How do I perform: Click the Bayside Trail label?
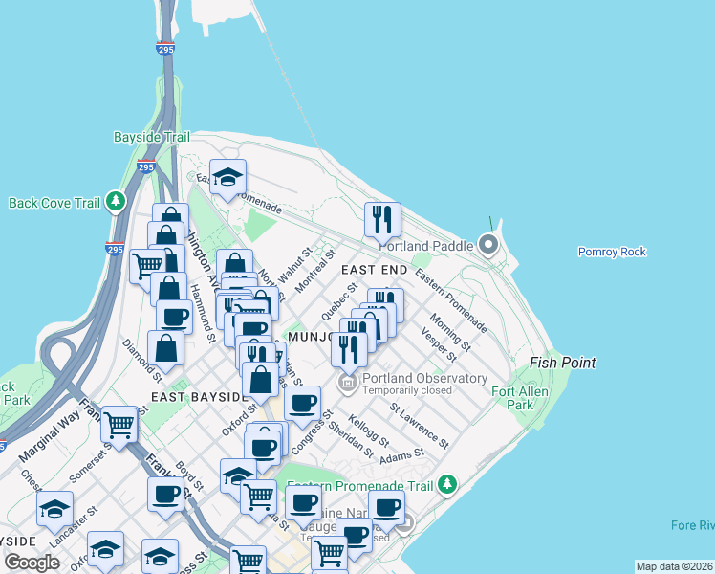click(x=152, y=138)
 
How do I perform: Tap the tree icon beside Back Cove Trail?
click(x=117, y=202)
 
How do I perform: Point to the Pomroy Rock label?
click(x=612, y=252)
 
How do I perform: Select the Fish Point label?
click(x=564, y=363)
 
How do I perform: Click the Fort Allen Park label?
click(x=512, y=398)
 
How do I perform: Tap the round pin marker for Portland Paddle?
click(x=489, y=246)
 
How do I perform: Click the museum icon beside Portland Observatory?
click(x=347, y=384)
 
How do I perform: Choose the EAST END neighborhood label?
click(x=375, y=271)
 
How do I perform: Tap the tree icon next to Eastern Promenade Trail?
click(x=447, y=486)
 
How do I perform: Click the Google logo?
click(x=32, y=563)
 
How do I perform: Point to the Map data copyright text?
click(x=674, y=566)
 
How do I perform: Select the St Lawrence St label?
click(x=419, y=425)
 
